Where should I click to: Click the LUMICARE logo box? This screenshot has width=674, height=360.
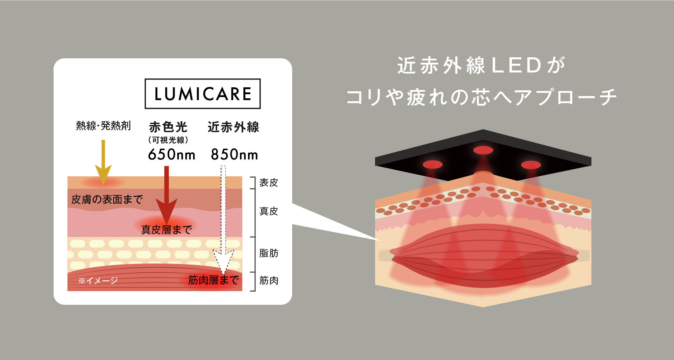[203, 94]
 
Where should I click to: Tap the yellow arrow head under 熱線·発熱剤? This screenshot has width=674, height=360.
[103, 174]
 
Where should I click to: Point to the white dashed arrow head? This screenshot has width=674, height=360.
[223, 261]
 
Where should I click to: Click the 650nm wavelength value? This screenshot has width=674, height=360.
[172, 155]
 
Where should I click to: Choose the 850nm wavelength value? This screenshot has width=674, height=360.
[235, 155]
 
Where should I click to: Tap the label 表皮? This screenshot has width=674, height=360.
[269, 183]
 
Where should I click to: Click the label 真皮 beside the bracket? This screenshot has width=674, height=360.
[269, 211]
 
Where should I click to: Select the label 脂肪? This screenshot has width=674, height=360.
[269, 253]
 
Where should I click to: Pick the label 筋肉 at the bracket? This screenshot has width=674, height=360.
[269, 280]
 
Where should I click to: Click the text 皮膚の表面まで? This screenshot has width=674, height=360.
[107, 200]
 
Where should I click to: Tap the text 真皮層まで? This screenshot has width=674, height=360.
[166, 230]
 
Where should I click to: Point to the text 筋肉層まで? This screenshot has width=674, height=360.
[213, 280]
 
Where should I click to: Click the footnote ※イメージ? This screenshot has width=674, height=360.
[98, 280]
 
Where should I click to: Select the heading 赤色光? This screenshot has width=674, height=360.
[168, 127]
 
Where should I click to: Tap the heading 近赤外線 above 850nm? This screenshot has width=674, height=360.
[233, 127]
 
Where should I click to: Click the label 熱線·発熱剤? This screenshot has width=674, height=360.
[103, 126]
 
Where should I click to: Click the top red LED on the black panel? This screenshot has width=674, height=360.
[483, 150]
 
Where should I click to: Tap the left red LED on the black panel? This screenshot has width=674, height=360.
[433, 164]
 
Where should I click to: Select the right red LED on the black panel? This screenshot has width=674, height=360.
[531, 165]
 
